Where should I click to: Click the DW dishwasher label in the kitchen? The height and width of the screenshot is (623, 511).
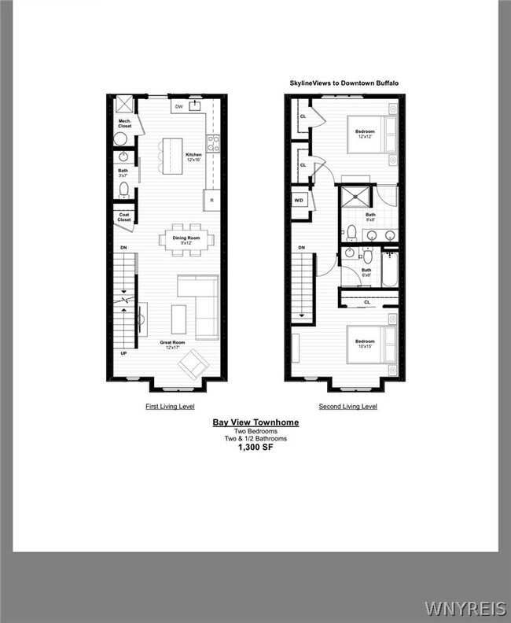point(178,106)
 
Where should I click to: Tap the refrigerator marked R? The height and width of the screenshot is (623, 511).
point(212,201)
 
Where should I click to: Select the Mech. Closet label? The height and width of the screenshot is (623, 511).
point(124,123)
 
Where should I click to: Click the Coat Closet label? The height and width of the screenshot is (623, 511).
point(124,217)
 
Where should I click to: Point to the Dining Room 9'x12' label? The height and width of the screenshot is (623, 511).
point(187,240)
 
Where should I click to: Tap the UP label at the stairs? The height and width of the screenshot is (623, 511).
point(123,353)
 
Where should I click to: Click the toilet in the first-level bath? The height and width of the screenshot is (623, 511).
point(123,189)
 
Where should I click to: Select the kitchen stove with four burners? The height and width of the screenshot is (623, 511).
point(212,143)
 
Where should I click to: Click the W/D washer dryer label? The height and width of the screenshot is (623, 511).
point(300,200)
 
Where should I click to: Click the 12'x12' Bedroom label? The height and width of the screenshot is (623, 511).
point(364,133)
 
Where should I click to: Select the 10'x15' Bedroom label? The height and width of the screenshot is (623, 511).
point(364,344)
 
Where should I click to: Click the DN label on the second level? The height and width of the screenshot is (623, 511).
point(301,249)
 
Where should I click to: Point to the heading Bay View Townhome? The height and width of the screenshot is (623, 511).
point(256,422)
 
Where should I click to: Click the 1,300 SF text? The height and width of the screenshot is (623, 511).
point(256,447)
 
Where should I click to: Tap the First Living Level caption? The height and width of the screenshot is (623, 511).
point(170,407)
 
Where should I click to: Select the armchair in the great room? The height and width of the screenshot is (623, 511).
point(193,363)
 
